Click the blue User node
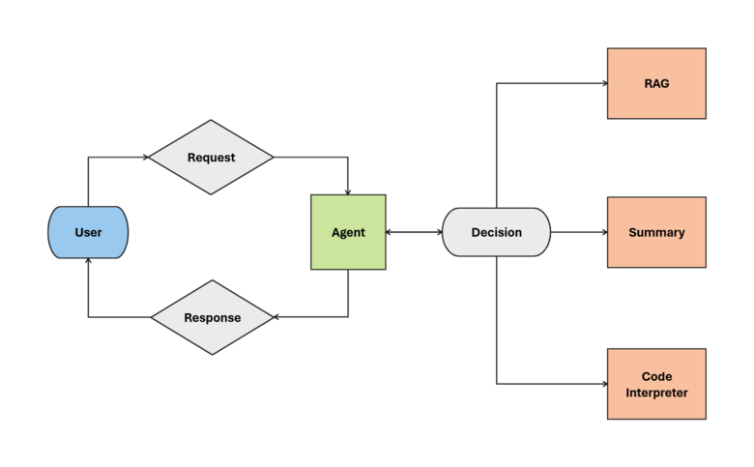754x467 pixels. pyautogui.click(x=88, y=232)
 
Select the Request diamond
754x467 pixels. pyautogui.click(x=211, y=157)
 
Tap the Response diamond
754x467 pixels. pyautogui.click(x=213, y=317)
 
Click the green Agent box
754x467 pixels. pyautogui.click(x=348, y=232)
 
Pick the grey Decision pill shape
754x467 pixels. pyautogui.click(x=496, y=232)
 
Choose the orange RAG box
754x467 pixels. pyautogui.click(x=656, y=83)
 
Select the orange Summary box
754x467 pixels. pyautogui.click(x=656, y=232)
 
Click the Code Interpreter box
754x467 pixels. pyautogui.click(x=656, y=384)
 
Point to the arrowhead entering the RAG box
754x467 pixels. pyautogui.click(x=602, y=83)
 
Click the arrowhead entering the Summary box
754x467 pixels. pyautogui.click(x=602, y=232)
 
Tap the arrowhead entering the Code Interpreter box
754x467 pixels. pyautogui.click(x=602, y=384)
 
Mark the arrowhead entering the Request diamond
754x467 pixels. pyautogui.click(x=145, y=157)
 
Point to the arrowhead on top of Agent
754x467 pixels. pyautogui.click(x=348, y=190)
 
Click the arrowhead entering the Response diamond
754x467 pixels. pyautogui.click(x=277, y=317)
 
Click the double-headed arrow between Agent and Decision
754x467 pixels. pyautogui.click(x=414, y=232)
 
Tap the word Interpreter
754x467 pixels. pyautogui.click(x=656, y=393)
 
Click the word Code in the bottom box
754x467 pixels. pyautogui.click(x=656, y=376)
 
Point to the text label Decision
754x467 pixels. pyautogui.click(x=496, y=232)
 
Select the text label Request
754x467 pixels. pyautogui.click(x=211, y=157)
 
